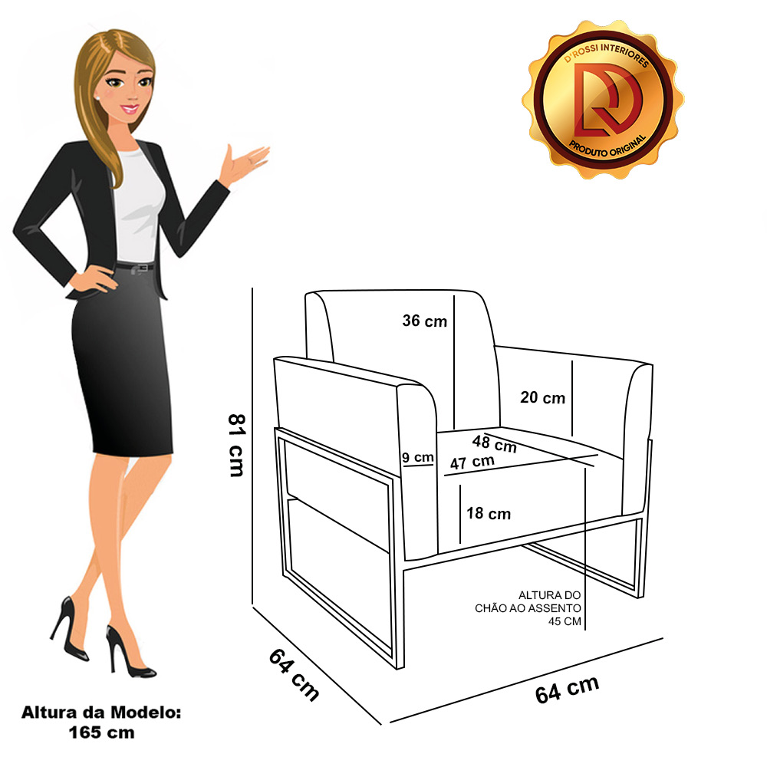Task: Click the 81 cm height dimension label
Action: click(x=236, y=445)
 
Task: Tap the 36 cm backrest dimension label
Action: click(x=425, y=321)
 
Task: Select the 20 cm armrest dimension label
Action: click(x=542, y=397)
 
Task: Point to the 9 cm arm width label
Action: click(x=418, y=457)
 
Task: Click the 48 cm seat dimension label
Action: click(x=494, y=443)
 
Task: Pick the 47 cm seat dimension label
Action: click(x=472, y=463)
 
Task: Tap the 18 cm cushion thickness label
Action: click(x=488, y=513)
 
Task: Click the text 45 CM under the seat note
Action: click(x=565, y=621)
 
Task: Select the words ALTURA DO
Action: click(x=549, y=595)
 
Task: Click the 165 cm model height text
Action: click(x=101, y=732)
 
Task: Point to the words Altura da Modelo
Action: click(x=101, y=713)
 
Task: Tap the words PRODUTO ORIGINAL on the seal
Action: click(x=607, y=146)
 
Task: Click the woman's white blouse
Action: click(x=138, y=206)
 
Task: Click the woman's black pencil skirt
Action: click(x=122, y=361)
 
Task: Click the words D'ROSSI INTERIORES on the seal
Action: click(x=607, y=53)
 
